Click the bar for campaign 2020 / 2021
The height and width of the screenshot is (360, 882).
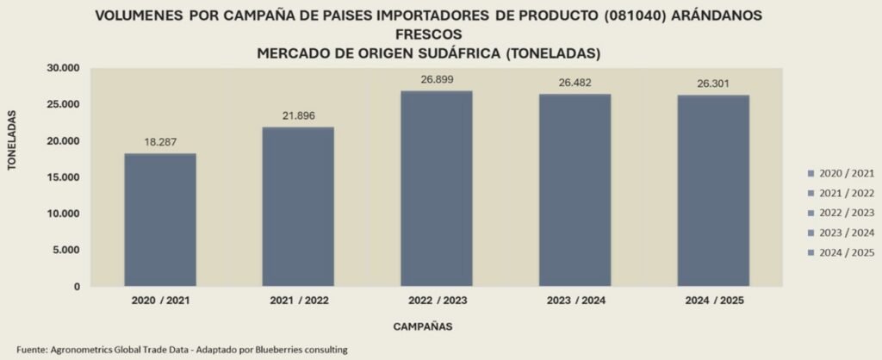pyautogui.click(x=160, y=220)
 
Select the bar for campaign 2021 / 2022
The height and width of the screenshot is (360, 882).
pyautogui.click(x=298, y=207)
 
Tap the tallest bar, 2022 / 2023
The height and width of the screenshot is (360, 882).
pyautogui.click(x=436, y=189)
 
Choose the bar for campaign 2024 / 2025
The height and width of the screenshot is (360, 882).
pyautogui.click(x=712, y=190)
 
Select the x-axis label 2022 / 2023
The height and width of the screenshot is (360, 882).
pyautogui.click(x=436, y=301)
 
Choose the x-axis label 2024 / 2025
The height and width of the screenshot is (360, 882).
pyautogui.click(x=712, y=301)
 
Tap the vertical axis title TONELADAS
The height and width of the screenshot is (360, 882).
pyautogui.click(x=13, y=140)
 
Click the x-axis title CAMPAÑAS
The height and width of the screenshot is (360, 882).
pyautogui.click(x=423, y=327)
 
